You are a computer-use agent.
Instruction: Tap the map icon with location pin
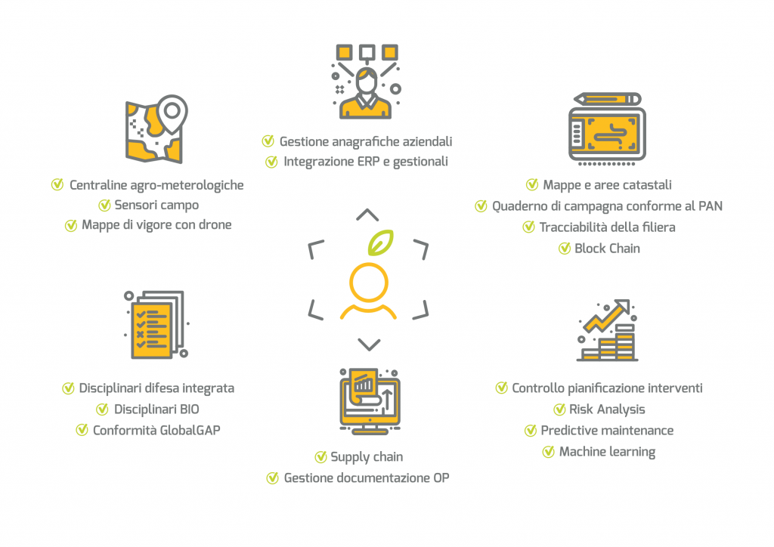[x=156, y=129]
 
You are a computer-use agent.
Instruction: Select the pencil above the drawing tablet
[x=607, y=99]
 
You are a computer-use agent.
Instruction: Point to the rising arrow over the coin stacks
[x=610, y=316]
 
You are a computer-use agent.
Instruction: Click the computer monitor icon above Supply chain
[x=368, y=400]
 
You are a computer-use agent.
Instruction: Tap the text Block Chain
[x=607, y=248]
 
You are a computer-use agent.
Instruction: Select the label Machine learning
[x=607, y=452]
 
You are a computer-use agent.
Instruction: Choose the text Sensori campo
[x=156, y=205]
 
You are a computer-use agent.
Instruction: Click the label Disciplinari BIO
[x=156, y=409]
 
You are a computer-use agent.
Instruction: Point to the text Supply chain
[x=367, y=456]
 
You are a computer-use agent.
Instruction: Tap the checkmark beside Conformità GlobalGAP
[x=82, y=430]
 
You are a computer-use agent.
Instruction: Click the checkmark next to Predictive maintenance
[x=531, y=431]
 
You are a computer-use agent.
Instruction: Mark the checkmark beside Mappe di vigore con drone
[x=70, y=225]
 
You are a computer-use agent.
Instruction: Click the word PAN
[x=708, y=206]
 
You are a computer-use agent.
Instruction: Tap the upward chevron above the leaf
[x=367, y=215]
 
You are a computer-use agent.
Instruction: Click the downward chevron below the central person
[x=368, y=345]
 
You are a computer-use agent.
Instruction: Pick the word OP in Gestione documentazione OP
[x=441, y=477]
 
